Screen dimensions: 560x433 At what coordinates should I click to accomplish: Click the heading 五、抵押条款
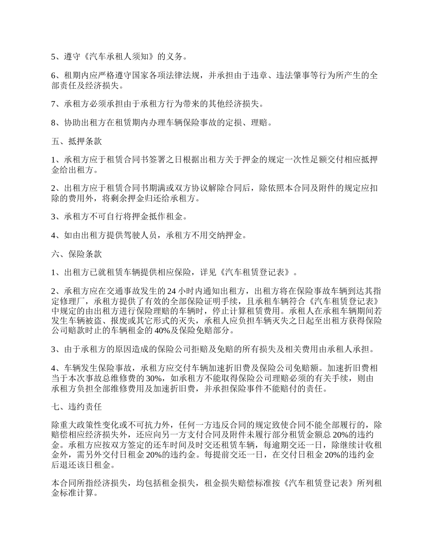pyautogui.click(x=76, y=142)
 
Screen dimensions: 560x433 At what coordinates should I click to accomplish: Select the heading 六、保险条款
pyautogui.click(x=76, y=254)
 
